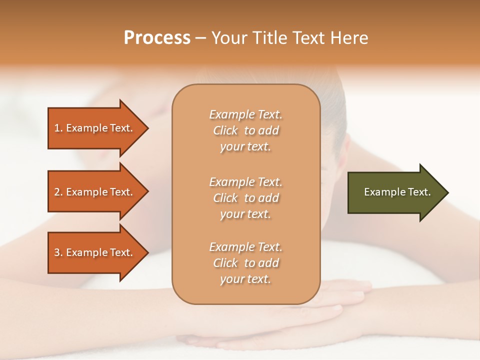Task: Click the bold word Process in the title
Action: [157, 38]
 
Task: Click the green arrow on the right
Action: [395, 192]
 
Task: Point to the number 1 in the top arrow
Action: [57, 128]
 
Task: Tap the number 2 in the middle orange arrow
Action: [57, 192]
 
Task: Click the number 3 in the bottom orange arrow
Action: [57, 252]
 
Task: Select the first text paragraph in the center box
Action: [245, 130]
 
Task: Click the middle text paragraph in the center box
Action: [245, 198]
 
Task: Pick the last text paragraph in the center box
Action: [245, 263]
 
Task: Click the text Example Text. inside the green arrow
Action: [397, 192]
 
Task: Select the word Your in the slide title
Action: [229, 38]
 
